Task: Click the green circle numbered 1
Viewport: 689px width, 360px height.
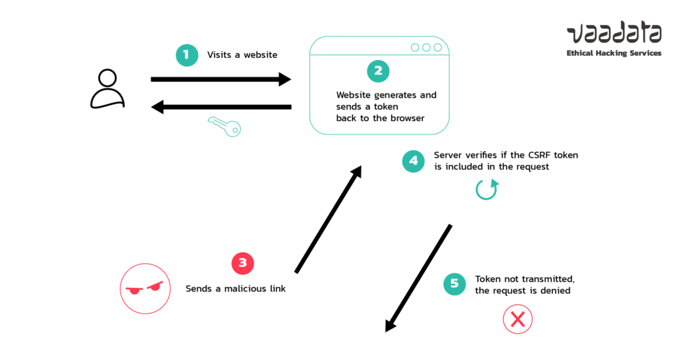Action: (x=187, y=55)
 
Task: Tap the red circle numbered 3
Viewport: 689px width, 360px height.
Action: (x=243, y=263)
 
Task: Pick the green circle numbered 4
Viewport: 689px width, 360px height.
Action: (x=414, y=161)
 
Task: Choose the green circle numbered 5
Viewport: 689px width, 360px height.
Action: (x=455, y=283)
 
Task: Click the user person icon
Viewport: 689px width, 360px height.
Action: (x=108, y=89)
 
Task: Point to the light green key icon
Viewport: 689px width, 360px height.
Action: (x=224, y=126)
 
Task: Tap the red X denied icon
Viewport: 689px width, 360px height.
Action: (x=517, y=320)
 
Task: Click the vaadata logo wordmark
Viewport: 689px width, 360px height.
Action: (x=614, y=34)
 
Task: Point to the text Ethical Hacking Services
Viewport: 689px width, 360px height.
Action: (x=614, y=53)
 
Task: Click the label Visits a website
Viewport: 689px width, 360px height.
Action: (x=242, y=55)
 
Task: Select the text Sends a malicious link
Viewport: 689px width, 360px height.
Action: (x=235, y=289)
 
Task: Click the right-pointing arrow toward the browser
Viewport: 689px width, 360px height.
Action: (x=221, y=79)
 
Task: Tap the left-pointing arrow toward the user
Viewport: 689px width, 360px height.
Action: (x=221, y=106)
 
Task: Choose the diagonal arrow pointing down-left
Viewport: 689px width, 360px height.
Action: (x=418, y=278)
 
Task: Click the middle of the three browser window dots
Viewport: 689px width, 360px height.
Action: (x=426, y=47)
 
